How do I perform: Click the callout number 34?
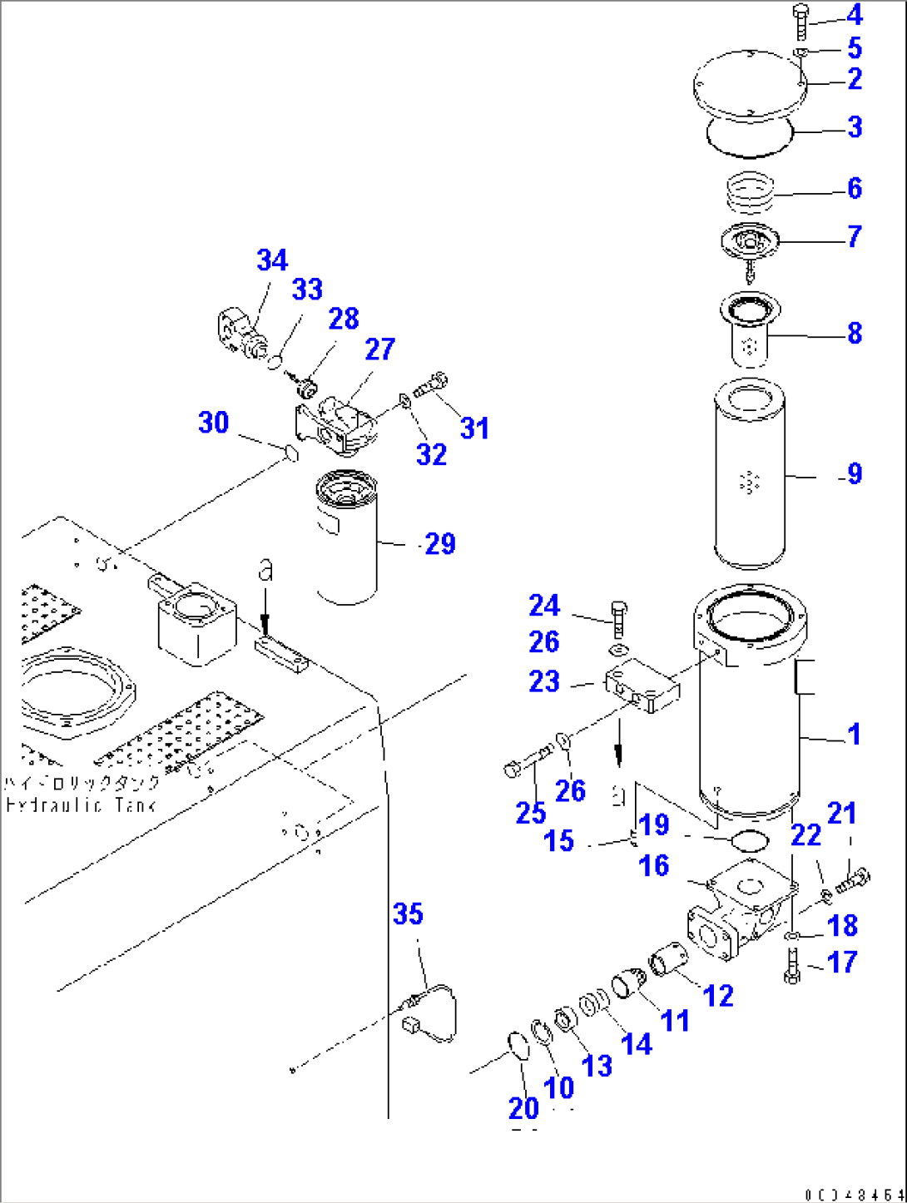pyautogui.click(x=272, y=260)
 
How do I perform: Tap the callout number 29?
pyautogui.click(x=440, y=544)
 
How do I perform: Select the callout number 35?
pyautogui.click(x=408, y=914)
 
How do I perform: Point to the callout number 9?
pyautogui.click(x=855, y=474)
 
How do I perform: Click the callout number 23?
pyautogui.click(x=544, y=681)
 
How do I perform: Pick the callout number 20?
pyautogui.click(x=523, y=1108)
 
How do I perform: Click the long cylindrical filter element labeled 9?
pyautogui.click(x=749, y=474)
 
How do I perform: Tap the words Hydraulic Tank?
pyautogui.click(x=81, y=805)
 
